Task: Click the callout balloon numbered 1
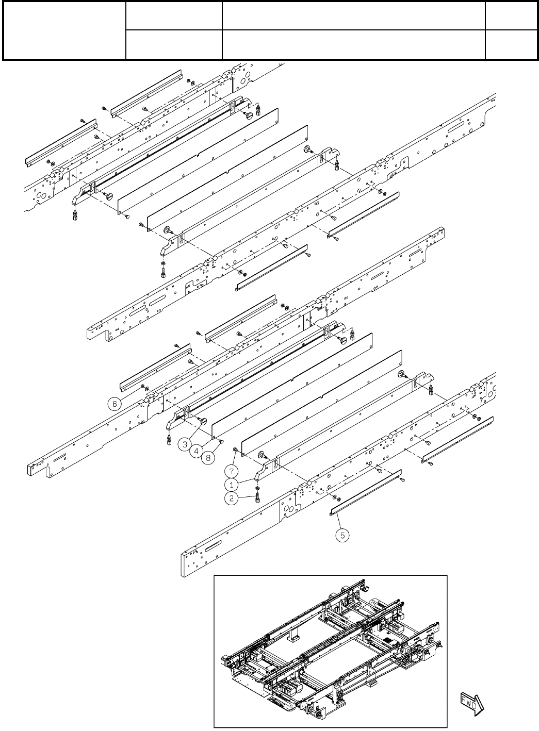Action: [232, 485]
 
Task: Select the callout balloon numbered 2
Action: [232, 499]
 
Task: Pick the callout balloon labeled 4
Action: [196, 451]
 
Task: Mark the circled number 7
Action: [232, 470]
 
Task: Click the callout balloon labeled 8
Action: [208, 458]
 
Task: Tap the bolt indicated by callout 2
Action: [257, 498]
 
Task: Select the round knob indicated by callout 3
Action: [202, 423]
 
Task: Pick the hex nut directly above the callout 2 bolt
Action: [256, 488]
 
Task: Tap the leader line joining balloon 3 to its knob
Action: [193, 432]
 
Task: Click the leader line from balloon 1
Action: [246, 481]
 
